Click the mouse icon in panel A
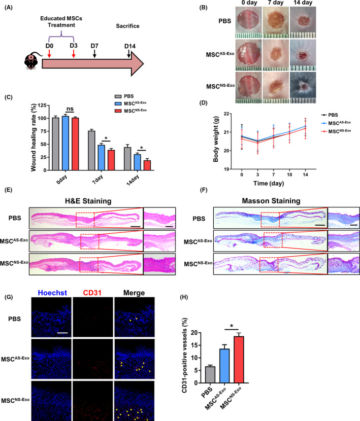(x=30, y=63)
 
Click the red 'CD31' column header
(x=92, y=293)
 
